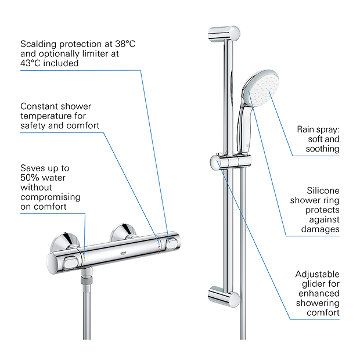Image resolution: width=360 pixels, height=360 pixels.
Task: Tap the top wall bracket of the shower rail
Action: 224,34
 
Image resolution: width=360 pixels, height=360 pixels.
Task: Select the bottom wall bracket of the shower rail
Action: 224,297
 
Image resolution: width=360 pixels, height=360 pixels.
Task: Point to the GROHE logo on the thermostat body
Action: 123,253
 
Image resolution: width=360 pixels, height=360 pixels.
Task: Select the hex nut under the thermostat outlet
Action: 87,280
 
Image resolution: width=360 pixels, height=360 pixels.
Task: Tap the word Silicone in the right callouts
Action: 323,191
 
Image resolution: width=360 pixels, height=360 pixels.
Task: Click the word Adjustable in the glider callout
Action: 317,275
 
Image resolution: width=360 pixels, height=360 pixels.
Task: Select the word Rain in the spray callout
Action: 305,129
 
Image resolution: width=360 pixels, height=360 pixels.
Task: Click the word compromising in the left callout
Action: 51,197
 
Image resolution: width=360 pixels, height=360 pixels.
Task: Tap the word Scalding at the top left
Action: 38,44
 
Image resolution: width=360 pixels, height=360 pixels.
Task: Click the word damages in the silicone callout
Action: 321,229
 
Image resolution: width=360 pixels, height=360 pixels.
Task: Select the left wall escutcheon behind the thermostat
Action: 65,242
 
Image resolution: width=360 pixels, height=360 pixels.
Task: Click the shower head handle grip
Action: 242,129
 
